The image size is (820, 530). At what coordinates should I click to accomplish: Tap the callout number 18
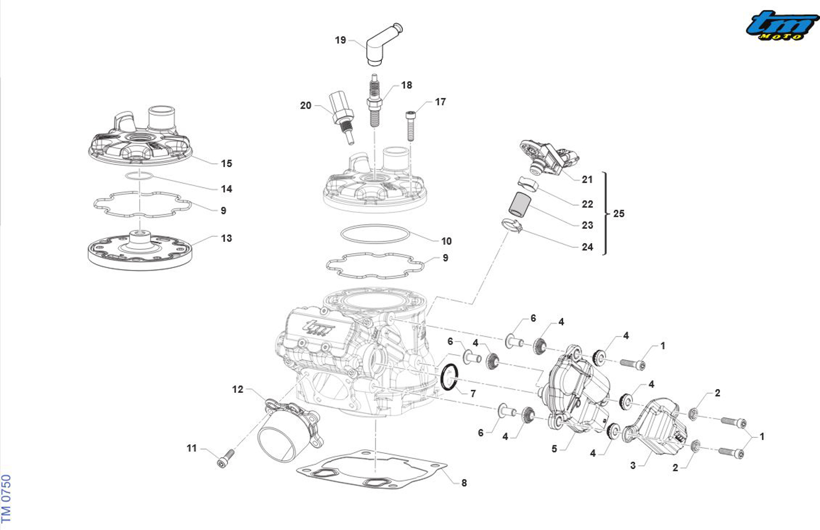coord(406,85)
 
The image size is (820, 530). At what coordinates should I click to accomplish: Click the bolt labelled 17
coord(410,125)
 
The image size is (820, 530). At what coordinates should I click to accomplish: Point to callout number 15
coord(227,164)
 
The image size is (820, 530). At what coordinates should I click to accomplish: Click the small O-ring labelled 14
coord(139,176)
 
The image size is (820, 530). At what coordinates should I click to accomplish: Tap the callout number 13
coord(227,238)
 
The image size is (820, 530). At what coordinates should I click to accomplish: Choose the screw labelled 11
coord(226,459)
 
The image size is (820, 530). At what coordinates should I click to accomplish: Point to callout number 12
coord(238,390)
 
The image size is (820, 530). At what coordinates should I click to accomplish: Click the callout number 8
coord(464,483)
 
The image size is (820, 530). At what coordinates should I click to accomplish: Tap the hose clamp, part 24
coord(512,226)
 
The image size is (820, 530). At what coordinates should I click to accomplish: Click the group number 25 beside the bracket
coord(619,214)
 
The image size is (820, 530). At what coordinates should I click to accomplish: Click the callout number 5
coord(554,449)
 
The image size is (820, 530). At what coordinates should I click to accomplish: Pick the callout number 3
coord(633,466)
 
